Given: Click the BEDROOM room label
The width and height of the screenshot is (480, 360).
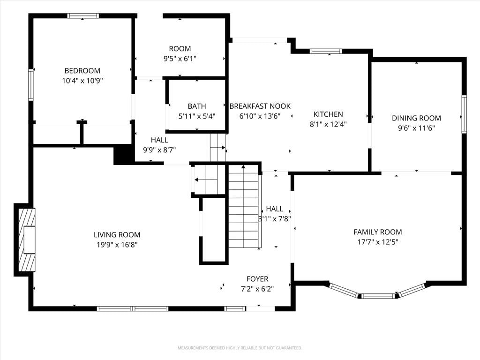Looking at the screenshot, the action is pyautogui.click(x=82, y=71).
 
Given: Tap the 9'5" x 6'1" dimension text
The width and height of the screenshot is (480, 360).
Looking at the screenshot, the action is pyautogui.click(x=180, y=59).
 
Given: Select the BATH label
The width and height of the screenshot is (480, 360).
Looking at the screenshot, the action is pyautogui.click(x=197, y=106).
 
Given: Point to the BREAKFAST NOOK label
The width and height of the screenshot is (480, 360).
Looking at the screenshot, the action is pyautogui.click(x=260, y=106).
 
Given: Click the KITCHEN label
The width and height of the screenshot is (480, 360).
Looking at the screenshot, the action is pyautogui.click(x=328, y=114).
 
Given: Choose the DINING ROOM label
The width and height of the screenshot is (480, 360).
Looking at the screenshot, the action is pyautogui.click(x=416, y=118).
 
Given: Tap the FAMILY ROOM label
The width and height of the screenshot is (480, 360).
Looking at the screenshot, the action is pyautogui.click(x=378, y=232).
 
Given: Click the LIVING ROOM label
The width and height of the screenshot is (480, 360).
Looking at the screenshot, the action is pyautogui.click(x=117, y=234).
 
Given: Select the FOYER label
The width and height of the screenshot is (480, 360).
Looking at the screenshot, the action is pyautogui.click(x=257, y=278).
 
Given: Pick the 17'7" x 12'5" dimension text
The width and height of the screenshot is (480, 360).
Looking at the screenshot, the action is pyautogui.click(x=378, y=242).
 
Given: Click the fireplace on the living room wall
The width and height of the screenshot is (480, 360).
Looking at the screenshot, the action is pyautogui.click(x=27, y=240).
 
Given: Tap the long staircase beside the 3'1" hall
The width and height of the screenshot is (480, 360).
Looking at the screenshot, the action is pyautogui.click(x=244, y=206).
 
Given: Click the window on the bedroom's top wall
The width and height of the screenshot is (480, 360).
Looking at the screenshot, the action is pyautogui.click(x=83, y=16).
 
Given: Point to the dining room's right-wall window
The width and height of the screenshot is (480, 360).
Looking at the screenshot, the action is pyautogui.click(x=464, y=114).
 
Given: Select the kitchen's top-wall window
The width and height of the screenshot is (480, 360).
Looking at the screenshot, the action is pyautogui.click(x=325, y=51).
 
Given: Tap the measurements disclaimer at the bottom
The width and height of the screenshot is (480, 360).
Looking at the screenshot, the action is pyautogui.click(x=240, y=348).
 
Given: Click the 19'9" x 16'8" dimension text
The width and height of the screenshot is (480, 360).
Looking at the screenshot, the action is pyautogui.click(x=117, y=245).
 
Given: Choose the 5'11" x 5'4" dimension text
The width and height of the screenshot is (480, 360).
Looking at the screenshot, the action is pyautogui.click(x=197, y=116).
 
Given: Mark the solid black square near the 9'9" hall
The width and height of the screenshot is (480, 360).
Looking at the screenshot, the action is pyautogui.click(x=124, y=155).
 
